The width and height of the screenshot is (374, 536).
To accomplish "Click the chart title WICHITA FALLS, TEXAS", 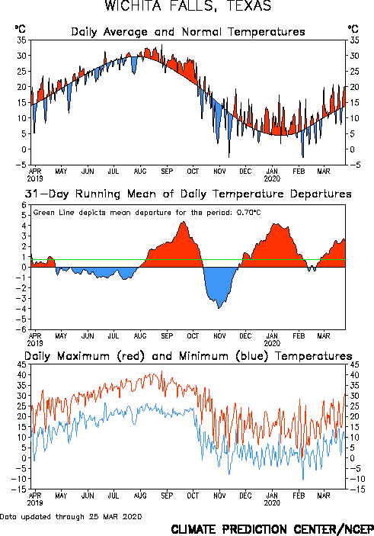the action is pos(188,6).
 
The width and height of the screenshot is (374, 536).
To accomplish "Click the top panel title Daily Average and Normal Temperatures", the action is pos(188,32).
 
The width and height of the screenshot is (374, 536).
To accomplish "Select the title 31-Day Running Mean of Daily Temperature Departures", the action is pos(188,194).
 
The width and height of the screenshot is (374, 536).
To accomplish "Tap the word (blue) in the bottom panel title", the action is pos(251,356).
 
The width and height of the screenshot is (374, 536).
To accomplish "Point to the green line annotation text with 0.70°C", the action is pos(147,213).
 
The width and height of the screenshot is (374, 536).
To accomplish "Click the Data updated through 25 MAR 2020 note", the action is pos(71,516).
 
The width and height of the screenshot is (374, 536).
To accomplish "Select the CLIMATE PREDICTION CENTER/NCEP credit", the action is pos(272,529).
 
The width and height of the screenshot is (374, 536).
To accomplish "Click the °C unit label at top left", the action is pos(20,29).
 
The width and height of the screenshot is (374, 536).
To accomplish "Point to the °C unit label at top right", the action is pos(353,29).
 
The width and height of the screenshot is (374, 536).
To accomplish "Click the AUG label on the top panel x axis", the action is pos(140,171).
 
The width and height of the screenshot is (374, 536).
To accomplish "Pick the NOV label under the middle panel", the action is pos(219,336).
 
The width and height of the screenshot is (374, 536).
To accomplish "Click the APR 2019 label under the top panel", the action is pos(35,175).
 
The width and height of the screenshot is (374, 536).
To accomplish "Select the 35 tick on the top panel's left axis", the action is pos(22,40).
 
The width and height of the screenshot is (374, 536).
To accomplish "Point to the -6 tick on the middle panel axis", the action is pos(21,329).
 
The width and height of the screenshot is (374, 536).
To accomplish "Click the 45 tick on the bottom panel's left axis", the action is pos(22,364).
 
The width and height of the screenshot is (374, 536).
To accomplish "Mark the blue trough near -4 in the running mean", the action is pos(219,308).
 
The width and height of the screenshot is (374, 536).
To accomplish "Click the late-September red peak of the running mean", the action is pos(184,222).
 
